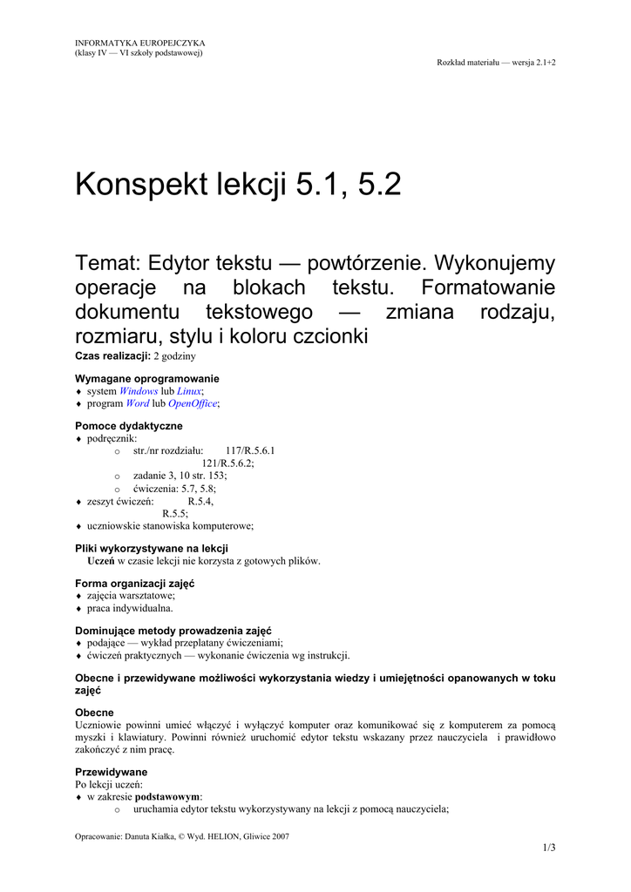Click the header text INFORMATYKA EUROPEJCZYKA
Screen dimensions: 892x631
click(140, 43)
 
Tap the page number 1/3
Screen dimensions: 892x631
click(549, 848)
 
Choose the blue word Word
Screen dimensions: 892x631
click(138, 404)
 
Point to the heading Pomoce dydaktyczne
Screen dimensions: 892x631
click(129, 426)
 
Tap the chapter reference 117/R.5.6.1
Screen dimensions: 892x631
click(250, 451)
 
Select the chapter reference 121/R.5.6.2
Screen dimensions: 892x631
click(227, 463)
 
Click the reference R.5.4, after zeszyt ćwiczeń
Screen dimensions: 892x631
click(200, 502)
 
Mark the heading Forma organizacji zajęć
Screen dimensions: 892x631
click(134, 583)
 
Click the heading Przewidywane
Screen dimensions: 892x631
click(111, 772)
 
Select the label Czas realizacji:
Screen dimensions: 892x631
click(113, 357)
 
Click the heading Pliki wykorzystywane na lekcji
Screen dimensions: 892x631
click(152, 548)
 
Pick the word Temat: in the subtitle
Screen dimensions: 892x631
click(109, 263)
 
